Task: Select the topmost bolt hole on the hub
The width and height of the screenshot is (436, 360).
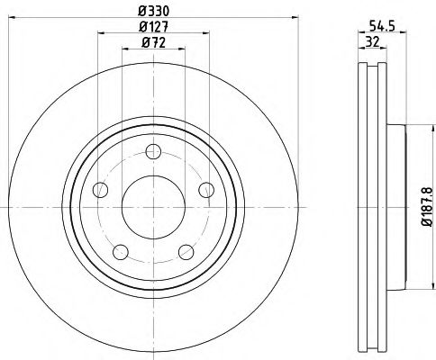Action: pos(152,150)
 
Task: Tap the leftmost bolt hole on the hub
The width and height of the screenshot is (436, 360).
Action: pos(100,191)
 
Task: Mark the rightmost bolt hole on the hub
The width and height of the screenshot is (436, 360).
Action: pos(205,189)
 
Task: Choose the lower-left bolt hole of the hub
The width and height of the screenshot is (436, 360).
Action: pos(121,251)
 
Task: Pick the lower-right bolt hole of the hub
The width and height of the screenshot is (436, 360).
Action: pos(186,251)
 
